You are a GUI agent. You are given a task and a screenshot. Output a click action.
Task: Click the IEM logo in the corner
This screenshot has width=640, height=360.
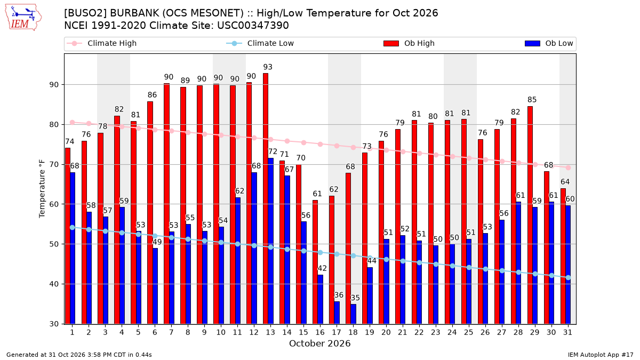coord(23,18)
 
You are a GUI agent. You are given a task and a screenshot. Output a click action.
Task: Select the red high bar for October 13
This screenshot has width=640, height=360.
coord(266,198)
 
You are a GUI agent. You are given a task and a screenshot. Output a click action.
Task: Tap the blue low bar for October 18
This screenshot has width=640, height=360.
coord(353,314)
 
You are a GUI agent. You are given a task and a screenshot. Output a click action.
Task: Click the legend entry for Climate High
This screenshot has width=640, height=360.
coord(101,43)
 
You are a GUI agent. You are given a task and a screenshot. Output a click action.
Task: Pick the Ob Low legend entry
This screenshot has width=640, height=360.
coord(549,43)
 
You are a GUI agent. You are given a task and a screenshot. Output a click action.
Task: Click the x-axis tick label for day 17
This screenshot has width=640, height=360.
coord(337,332)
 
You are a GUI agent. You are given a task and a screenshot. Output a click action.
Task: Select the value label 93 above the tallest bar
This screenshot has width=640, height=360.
coord(268,67)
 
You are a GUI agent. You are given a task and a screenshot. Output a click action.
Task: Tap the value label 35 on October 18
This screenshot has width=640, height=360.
coord(355,298)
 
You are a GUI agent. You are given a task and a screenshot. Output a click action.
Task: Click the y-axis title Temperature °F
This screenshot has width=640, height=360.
coord(42,189)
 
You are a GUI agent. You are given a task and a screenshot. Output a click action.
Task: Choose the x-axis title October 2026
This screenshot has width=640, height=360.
coord(319,343)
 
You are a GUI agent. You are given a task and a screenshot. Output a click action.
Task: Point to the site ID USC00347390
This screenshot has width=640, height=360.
coord(253,26)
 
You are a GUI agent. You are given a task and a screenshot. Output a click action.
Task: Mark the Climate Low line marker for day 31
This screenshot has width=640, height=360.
coord(568,277)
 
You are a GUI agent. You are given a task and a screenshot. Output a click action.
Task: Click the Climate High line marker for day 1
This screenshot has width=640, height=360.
coord(73,122)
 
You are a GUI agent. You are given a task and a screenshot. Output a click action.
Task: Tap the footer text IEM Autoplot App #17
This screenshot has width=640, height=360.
coord(601,355)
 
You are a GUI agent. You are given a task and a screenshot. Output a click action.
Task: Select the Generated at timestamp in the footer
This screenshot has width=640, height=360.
coord(79,355)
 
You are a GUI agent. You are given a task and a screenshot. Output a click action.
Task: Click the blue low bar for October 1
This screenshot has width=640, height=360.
coord(73,249)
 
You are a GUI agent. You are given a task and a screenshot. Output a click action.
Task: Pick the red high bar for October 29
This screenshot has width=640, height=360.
coord(530,215)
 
